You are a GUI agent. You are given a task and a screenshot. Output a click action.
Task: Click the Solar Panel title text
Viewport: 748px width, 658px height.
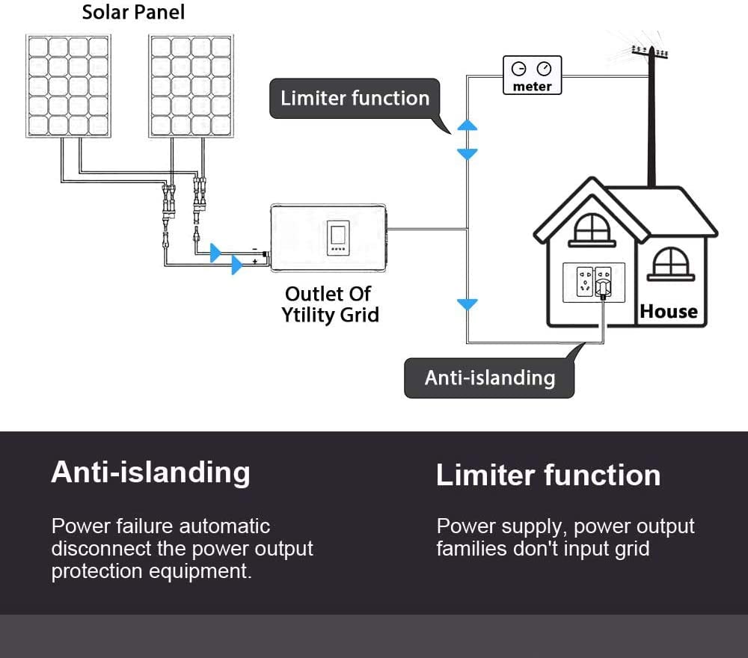tap(133, 13)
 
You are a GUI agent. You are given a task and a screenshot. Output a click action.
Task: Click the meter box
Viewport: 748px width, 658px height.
tap(532, 76)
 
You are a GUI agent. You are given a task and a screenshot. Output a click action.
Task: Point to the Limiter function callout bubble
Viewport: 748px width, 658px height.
tap(355, 98)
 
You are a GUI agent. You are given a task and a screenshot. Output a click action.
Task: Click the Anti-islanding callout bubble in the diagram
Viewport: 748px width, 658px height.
tap(489, 378)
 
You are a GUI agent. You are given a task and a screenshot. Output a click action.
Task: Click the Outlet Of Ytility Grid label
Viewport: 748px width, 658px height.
tap(330, 304)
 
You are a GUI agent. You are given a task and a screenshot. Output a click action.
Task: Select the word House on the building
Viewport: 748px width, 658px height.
tap(668, 311)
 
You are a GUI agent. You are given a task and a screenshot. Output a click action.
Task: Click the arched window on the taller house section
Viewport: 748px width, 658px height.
tap(592, 229)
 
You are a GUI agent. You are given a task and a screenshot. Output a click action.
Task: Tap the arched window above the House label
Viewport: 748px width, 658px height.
tap(669, 263)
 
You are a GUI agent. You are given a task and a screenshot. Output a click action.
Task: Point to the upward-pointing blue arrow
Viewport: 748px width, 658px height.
tap(467, 125)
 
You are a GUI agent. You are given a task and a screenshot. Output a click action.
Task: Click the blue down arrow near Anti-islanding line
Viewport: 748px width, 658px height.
tap(467, 304)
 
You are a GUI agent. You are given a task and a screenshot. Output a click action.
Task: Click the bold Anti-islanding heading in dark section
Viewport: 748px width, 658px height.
tap(150, 473)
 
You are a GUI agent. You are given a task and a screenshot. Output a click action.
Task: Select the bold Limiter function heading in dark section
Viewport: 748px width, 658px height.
tap(548, 476)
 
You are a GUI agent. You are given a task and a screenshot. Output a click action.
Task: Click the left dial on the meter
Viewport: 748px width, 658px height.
tap(518, 70)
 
